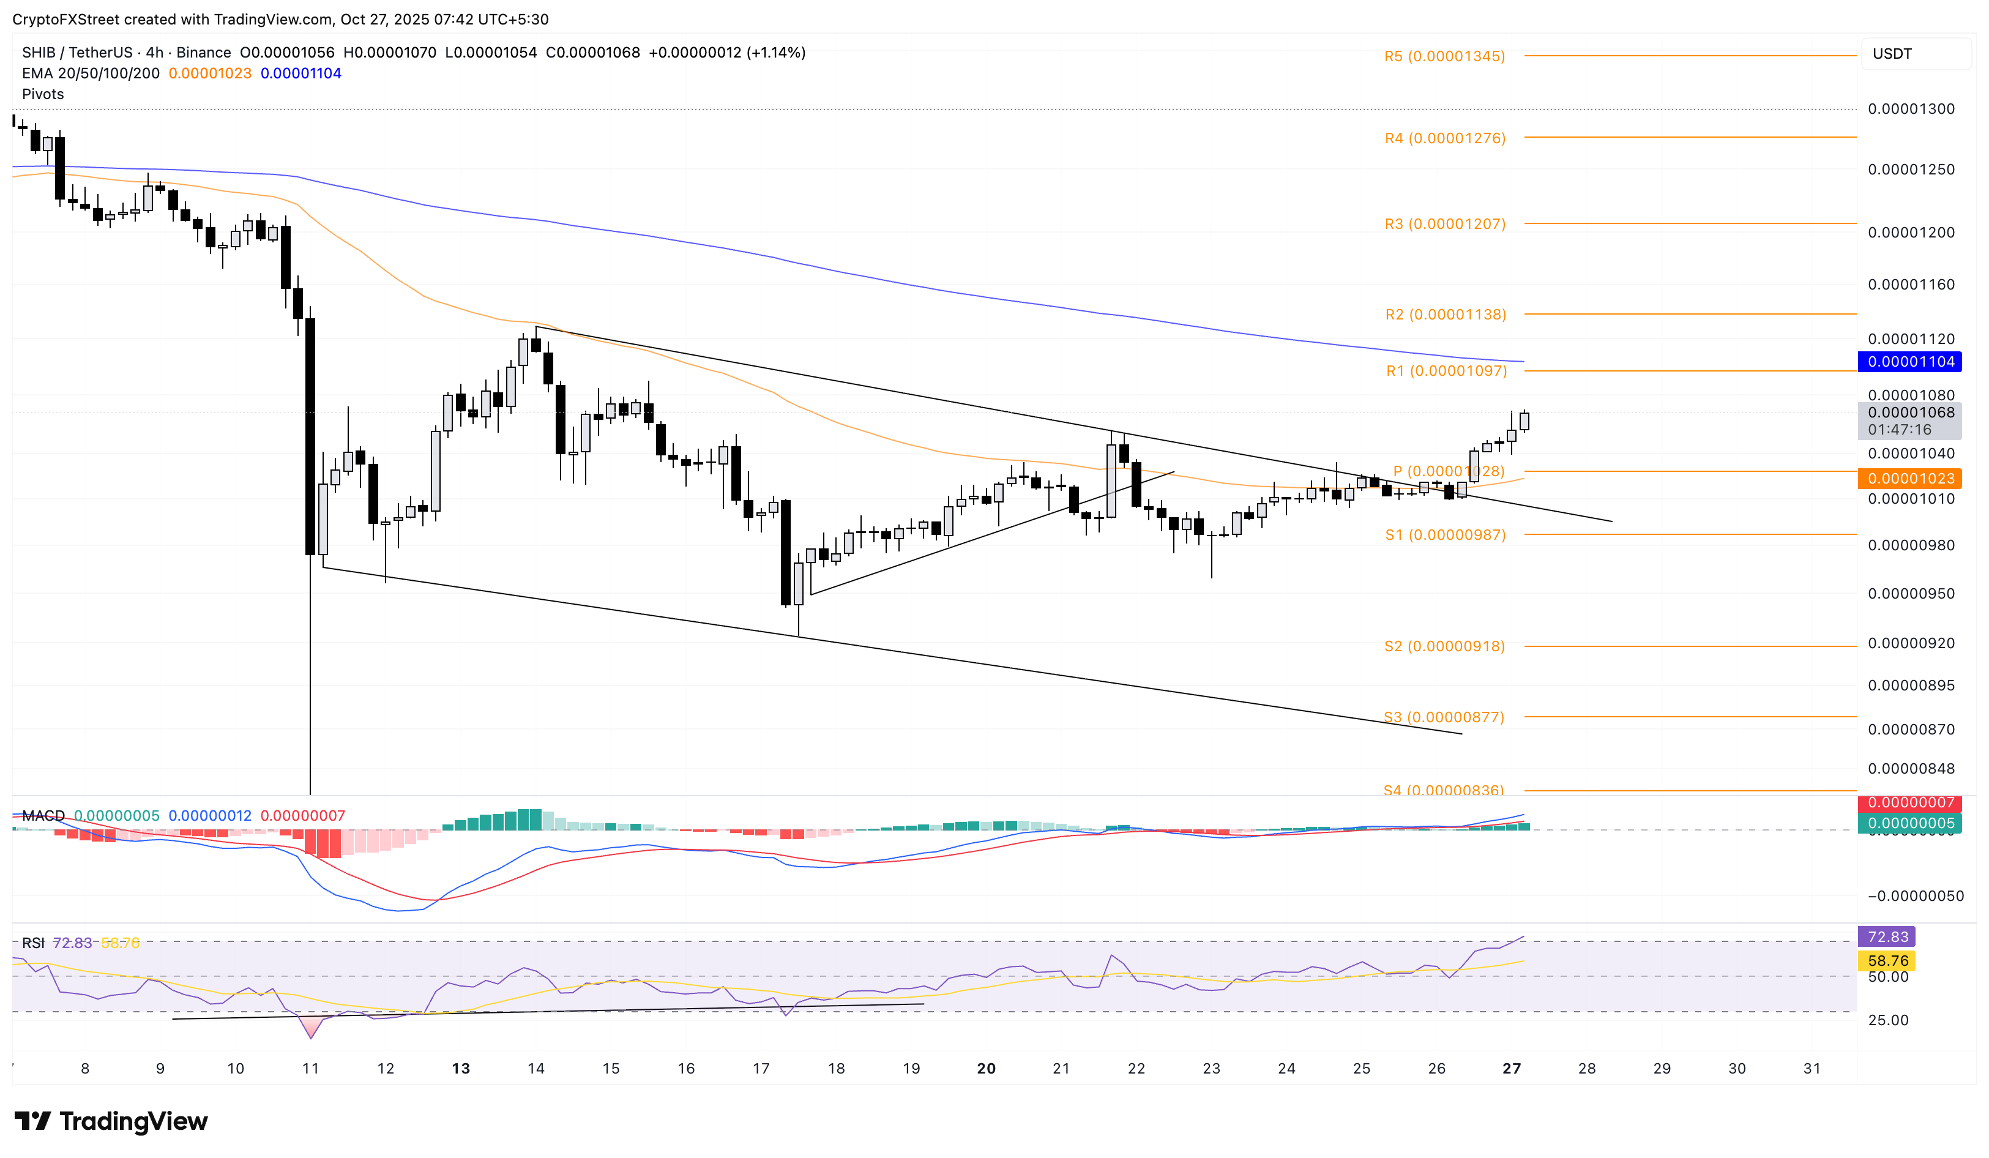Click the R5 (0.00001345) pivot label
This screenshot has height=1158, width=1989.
point(1444,56)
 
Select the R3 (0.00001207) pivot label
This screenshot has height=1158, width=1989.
point(1444,224)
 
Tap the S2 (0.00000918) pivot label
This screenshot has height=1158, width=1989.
point(1444,646)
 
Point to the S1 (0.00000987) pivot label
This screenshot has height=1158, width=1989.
point(1444,535)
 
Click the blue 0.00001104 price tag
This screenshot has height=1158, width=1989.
point(1910,362)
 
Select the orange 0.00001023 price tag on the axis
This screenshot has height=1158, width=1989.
point(1910,479)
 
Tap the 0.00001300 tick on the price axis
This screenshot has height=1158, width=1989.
point(1910,109)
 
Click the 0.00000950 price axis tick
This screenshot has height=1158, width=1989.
point(1910,594)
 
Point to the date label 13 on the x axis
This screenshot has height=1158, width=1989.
point(460,1069)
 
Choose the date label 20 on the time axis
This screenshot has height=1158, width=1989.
point(986,1069)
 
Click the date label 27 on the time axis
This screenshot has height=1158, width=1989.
point(1510,1069)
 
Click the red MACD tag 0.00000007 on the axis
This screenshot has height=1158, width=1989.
point(1910,804)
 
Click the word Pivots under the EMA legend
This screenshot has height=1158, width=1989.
point(43,94)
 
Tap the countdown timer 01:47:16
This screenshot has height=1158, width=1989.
point(1899,430)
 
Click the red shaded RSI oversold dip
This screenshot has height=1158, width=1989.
point(310,1026)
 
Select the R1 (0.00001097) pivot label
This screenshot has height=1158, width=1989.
point(1446,371)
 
